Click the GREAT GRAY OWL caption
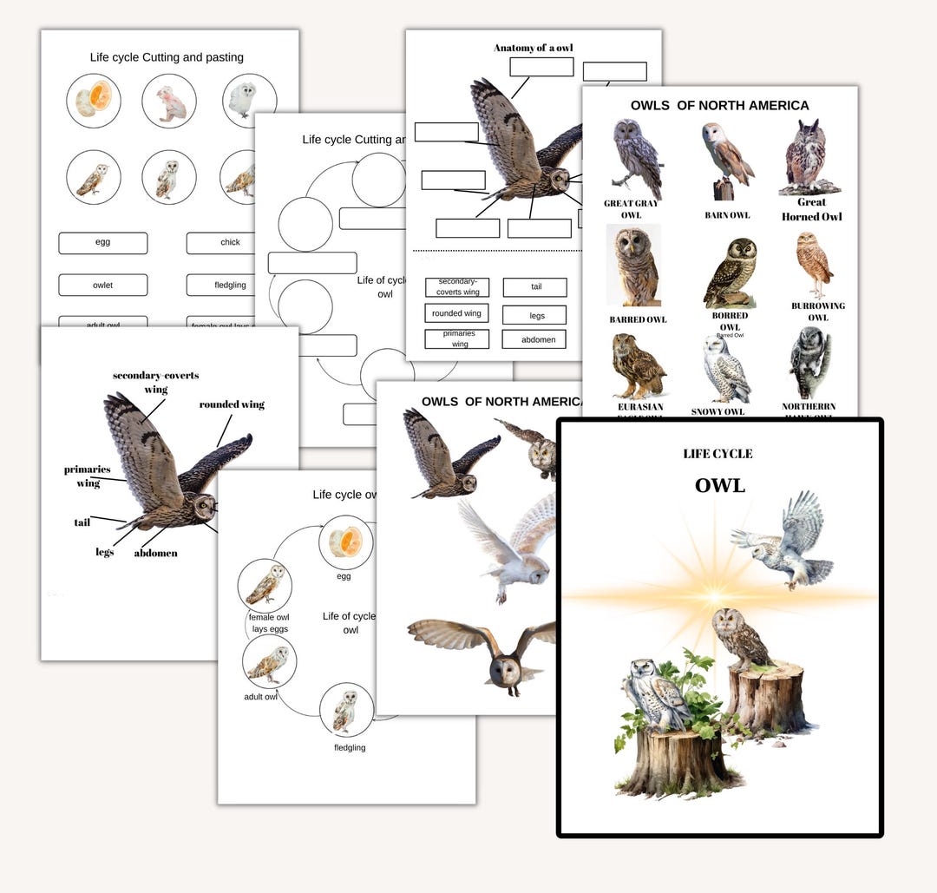point(631,209)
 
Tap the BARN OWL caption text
point(727,215)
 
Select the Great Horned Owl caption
point(812,209)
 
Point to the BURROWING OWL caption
point(817,312)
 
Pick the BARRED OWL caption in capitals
point(638,319)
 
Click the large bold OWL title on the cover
point(719,485)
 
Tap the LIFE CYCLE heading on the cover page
point(717,454)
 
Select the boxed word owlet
point(103,285)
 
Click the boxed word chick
point(230,243)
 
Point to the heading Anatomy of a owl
point(533,48)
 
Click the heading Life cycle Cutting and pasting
point(167,57)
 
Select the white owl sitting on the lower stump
point(658,693)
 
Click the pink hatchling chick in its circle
point(169,102)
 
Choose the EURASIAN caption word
point(640,406)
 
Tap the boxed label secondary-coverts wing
point(457,287)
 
